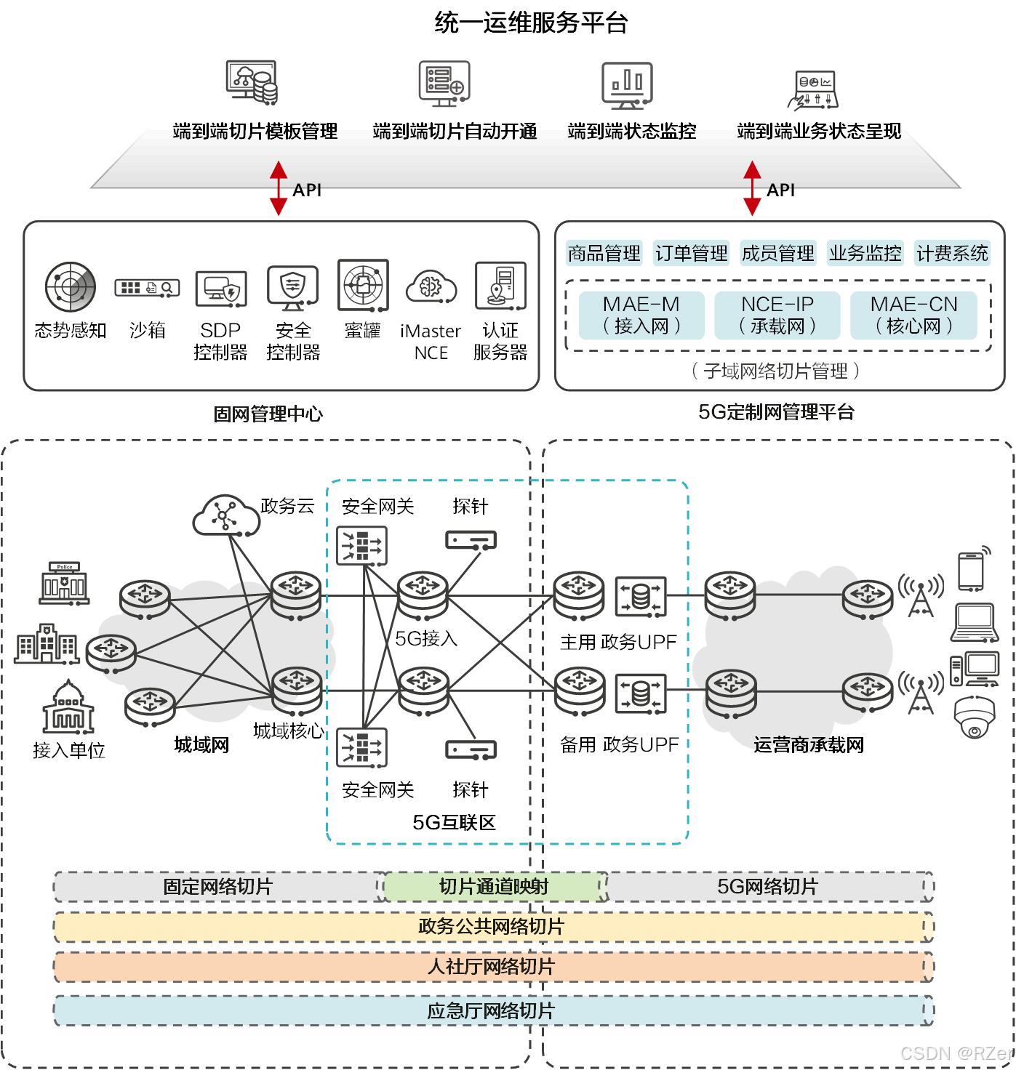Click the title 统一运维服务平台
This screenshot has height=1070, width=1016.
530,23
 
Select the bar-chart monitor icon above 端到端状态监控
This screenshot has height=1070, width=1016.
627,84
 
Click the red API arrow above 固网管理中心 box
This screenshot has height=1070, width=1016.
279,188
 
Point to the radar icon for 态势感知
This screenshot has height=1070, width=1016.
71,286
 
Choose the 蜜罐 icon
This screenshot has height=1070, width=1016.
363,285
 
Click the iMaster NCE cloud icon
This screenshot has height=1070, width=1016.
431,286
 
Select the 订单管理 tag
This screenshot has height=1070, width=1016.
691,253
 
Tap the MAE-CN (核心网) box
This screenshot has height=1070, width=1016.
913,315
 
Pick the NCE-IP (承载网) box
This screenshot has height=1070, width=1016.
777,315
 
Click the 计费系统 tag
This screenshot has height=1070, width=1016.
952,253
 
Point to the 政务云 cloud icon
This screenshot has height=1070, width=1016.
225,515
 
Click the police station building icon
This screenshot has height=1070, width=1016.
65,583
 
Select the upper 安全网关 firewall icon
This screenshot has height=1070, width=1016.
361,545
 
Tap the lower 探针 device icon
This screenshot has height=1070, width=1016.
471,749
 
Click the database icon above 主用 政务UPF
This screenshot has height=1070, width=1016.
640,596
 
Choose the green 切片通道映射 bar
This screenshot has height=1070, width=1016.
494,887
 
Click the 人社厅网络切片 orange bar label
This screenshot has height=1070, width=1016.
492,967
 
